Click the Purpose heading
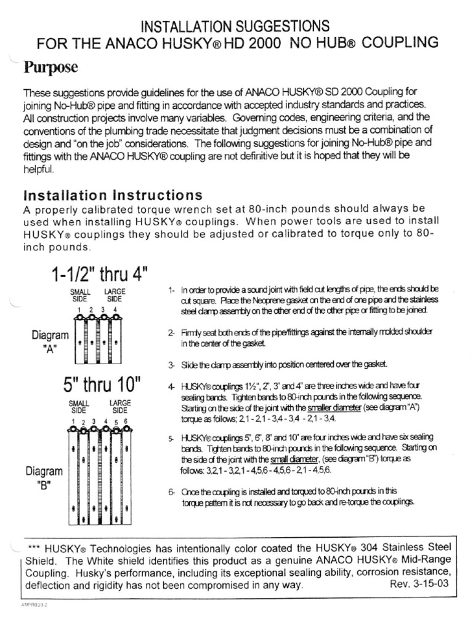[x=51, y=66]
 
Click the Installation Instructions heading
[x=113, y=195]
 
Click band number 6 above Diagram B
[x=126, y=421]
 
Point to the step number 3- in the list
[x=172, y=365]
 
